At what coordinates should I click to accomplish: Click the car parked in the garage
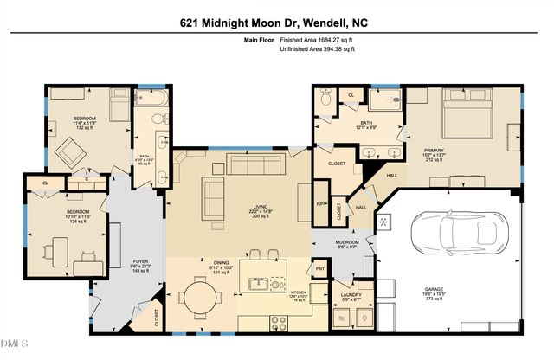456,233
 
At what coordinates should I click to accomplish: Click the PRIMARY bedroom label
458,151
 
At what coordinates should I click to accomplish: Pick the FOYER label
136,261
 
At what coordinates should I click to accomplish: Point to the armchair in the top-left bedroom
69,153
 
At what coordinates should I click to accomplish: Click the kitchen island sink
257,282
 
